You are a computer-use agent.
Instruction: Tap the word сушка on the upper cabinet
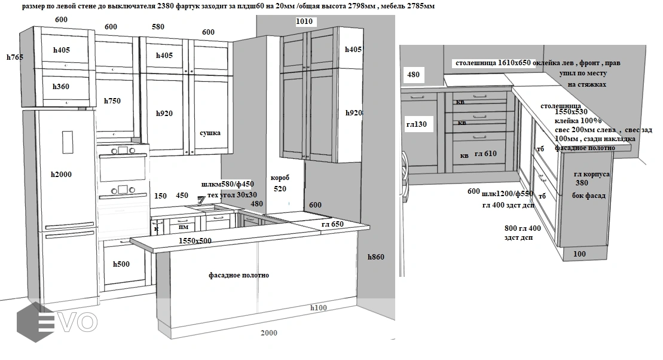coord(210,133)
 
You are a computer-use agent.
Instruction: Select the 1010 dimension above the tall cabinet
coord(305,22)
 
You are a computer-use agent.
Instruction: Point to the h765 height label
coord(15,57)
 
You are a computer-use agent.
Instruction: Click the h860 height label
coord(375,257)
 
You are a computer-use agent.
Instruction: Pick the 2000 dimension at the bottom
coord(270,333)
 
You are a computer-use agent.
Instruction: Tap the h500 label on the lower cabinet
coord(121,264)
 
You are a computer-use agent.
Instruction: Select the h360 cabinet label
coord(61,87)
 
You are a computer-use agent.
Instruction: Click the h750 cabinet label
coord(112,100)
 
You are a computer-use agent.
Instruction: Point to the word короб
coord(280,178)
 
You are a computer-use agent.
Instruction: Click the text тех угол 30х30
coord(232,195)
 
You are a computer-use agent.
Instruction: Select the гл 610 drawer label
coord(485,154)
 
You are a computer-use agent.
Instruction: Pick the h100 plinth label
coord(319,308)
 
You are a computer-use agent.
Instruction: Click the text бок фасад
coord(589,196)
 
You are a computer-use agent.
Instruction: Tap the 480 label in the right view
coord(413,75)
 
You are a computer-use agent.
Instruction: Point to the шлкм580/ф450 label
coord(228,185)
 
